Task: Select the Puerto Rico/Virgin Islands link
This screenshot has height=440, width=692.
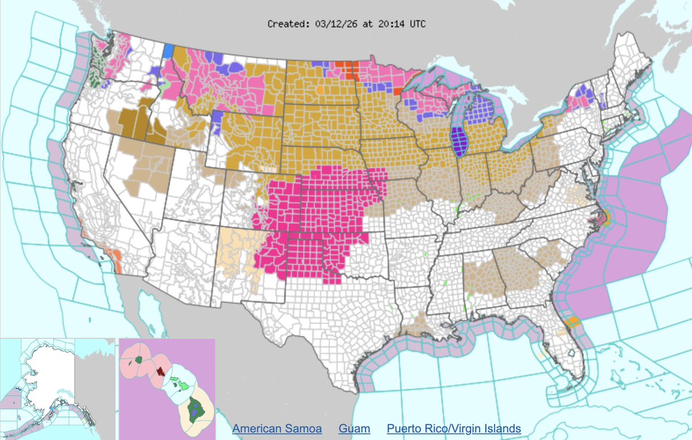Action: [x=454, y=429]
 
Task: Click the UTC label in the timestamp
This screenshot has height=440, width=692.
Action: [x=418, y=24]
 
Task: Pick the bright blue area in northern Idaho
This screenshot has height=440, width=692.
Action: [x=168, y=51]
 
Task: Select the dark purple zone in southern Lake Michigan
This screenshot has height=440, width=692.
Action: [x=459, y=142]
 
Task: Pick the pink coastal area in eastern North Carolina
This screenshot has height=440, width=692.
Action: [x=598, y=219]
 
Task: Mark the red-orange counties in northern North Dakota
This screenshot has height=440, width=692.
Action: [x=349, y=69]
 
